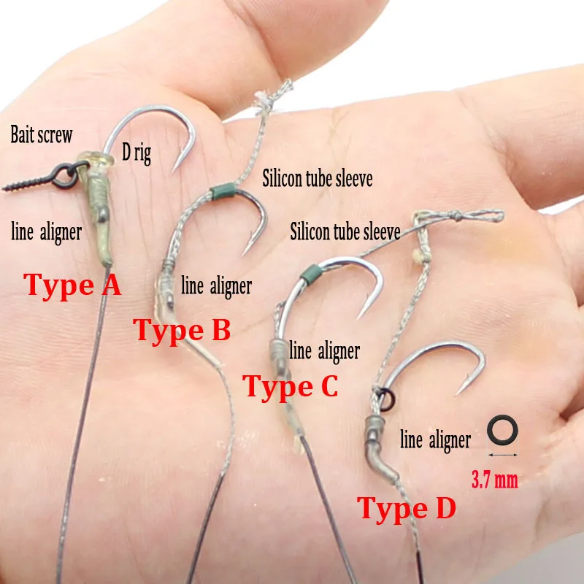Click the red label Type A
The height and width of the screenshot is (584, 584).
[x=73, y=284]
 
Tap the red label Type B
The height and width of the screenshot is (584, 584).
[x=182, y=330]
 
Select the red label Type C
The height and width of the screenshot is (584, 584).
[x=291, y=386]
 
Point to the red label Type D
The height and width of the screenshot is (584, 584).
[x=406, y=508]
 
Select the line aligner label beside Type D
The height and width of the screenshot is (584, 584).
[x=435, y=440]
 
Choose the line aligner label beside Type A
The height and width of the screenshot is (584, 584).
[x=46, y=232]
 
